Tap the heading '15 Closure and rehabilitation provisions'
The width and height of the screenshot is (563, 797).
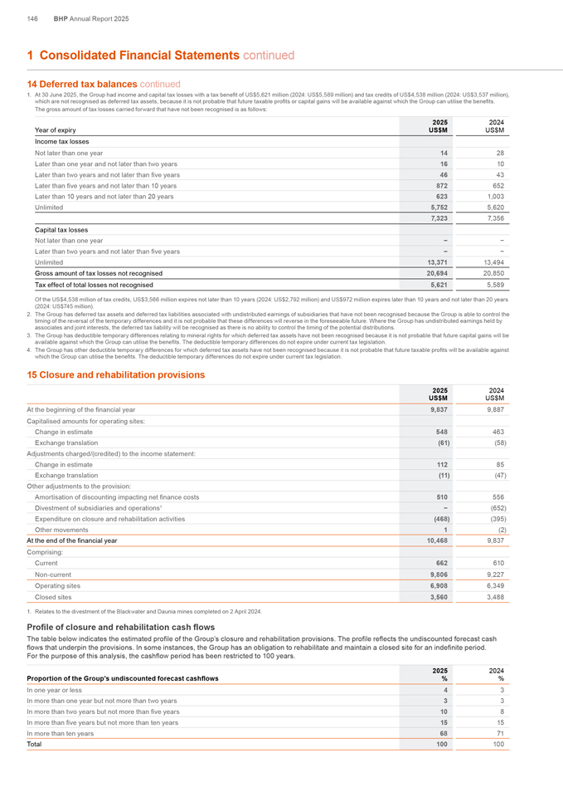109,374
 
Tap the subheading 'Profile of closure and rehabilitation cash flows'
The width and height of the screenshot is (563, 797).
121,626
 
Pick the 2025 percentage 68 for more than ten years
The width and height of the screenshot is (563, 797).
444,721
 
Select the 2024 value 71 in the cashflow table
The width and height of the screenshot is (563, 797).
499,721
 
